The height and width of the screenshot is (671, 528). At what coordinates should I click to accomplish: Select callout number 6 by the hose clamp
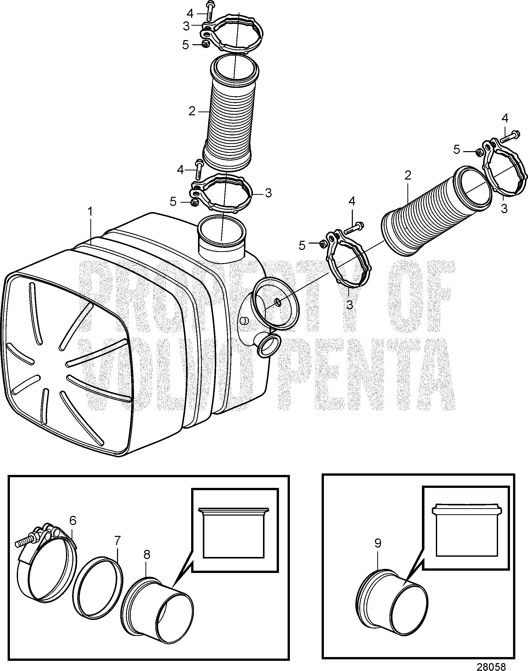(x=73, y=520)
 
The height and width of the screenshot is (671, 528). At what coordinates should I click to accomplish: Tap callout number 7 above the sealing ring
(x=117, y=541)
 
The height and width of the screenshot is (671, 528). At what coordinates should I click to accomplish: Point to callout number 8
(x=146, y=555)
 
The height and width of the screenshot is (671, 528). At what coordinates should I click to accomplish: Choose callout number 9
(x=378, y=543)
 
